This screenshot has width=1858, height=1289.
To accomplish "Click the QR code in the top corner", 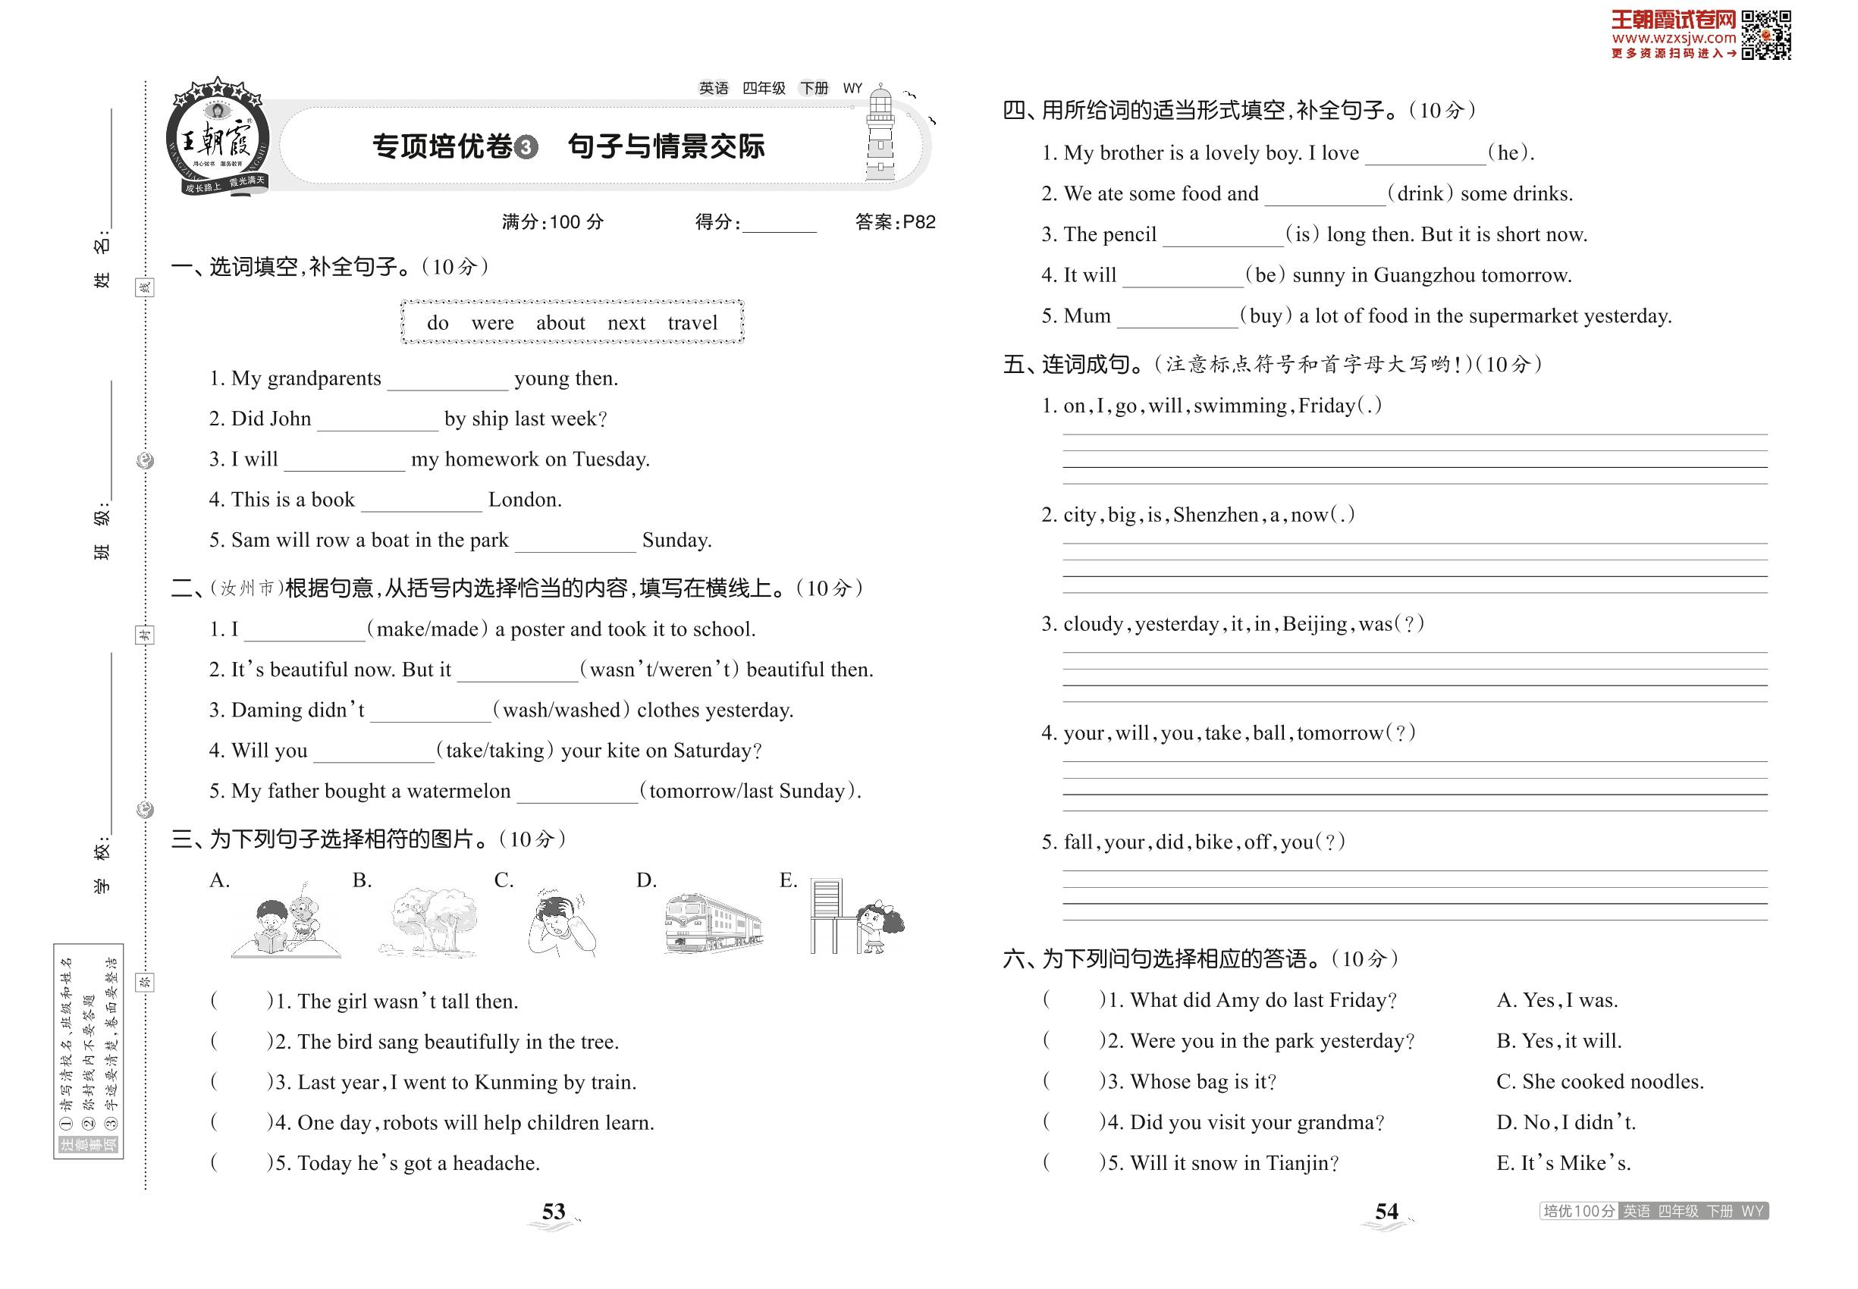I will click(x=1766, y=35).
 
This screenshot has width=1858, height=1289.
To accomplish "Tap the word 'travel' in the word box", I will click(x=692, y=323).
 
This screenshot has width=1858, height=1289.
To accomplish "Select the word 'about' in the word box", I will click(x=560, y=323).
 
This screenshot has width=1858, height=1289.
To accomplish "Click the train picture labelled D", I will click(x=713, y=922).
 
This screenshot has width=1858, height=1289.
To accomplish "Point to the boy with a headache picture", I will click(x=561, y=922).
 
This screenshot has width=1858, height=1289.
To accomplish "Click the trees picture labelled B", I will click(x=428, y=922).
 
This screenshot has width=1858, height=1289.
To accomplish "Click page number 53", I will click(x=554, y=1212).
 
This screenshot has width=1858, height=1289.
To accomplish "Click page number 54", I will click(x=1386, y=1212).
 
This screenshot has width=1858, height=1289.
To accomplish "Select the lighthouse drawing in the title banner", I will click(x=880, y=136).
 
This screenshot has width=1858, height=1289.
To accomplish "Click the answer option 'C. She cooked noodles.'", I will click(x=1599, y=1081).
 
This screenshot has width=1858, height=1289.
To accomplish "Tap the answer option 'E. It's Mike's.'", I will click(x=1563, y=1163).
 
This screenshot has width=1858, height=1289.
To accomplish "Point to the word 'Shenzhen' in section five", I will click(x=1215, y=516).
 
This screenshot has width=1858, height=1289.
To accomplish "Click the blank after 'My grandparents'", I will click(x=447, y=380).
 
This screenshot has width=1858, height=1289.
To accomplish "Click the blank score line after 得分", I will click(x=779, y=224).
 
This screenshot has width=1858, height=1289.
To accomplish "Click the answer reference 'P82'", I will click(x=918, y=222).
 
